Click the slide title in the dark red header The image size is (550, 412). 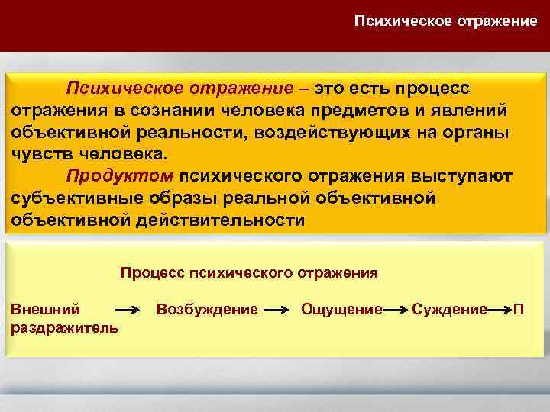[x=445, y=21]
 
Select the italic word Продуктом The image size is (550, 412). [x=121, y=176]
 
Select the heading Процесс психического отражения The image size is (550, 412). [x=249, y=272]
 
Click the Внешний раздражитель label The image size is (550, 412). [x=64, y=318]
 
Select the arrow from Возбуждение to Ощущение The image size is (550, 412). [x=280, y=311]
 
